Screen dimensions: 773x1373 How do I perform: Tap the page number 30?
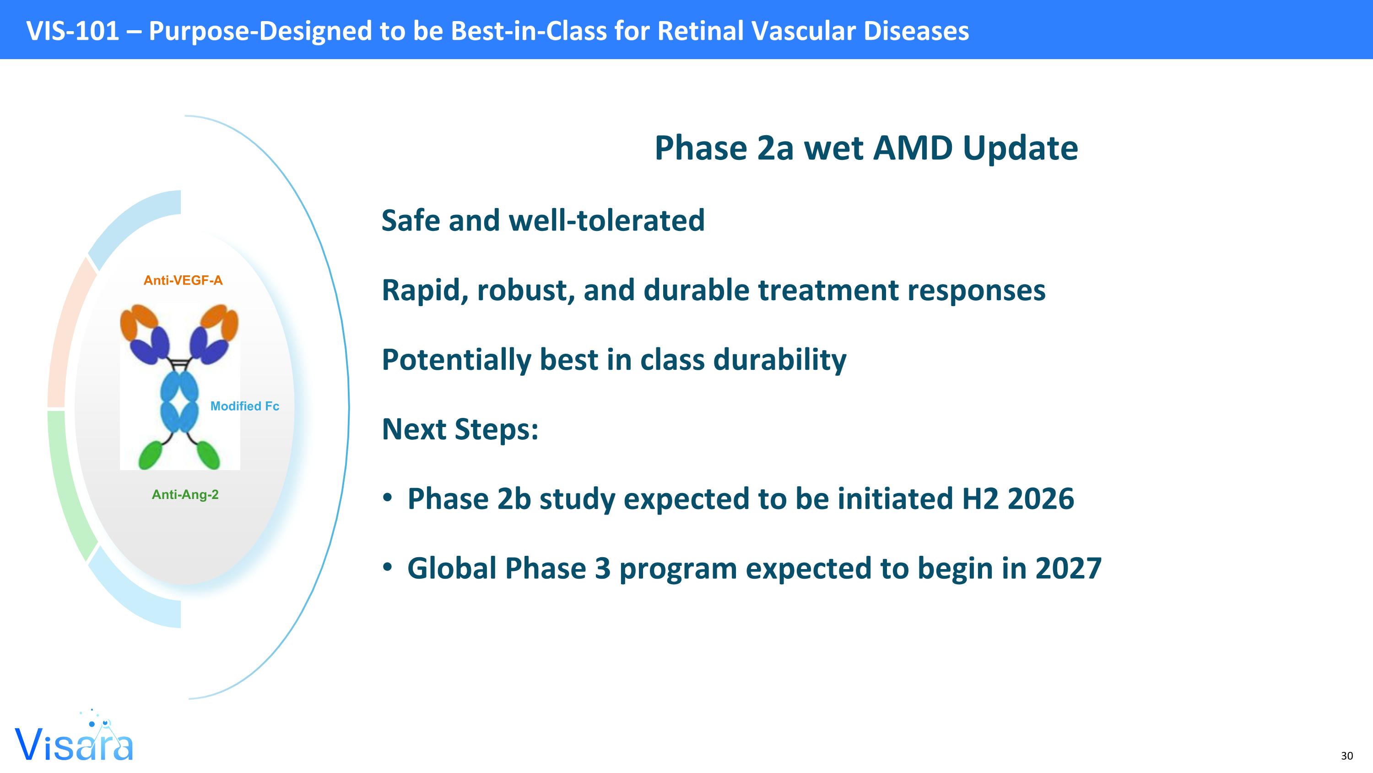pyautogui.click(x=1346, y=756)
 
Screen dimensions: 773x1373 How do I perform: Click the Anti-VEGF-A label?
pyautogui.click(x=183, y=280)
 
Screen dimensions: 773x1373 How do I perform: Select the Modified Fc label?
pyautogui.click(x=245, y=406)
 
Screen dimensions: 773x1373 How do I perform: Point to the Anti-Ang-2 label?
pyautogui.click(x=185, y=494)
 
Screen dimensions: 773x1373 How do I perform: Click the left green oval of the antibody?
pyautogui.click(x=151, y=455)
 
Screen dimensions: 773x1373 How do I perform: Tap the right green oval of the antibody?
pyautogui.click(x=208, y=455)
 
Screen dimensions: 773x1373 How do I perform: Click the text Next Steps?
pyautogui.click(x=460, y=429)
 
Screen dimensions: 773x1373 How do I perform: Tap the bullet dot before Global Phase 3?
pyautogui.click(x=388, y=568)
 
